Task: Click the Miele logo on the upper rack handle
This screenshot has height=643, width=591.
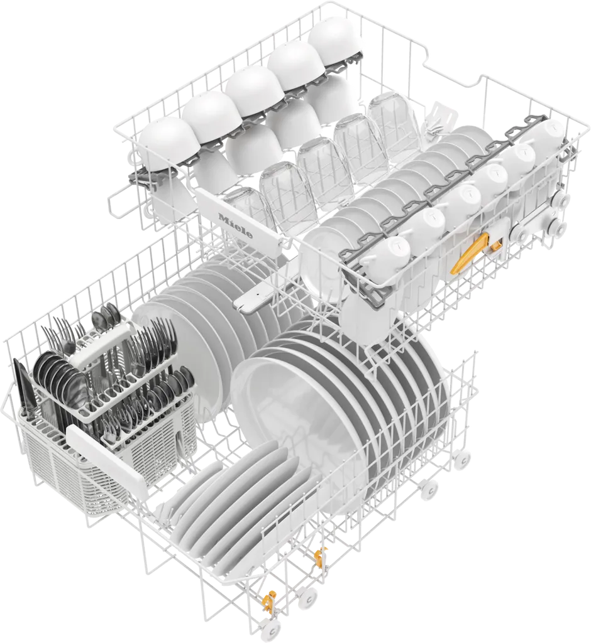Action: [235, 225]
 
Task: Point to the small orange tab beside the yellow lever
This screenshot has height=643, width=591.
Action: [495, 246]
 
